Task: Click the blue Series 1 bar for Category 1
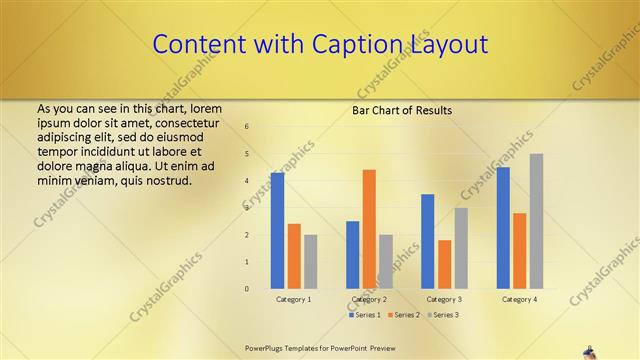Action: tap(277, 231)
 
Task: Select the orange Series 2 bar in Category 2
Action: tap(369, 229)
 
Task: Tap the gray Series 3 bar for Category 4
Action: tap(536, 221)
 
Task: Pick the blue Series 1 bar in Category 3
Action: tap(427, 241)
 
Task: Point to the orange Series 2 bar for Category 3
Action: tap(444, 264)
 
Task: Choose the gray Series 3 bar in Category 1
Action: tap(310, 262)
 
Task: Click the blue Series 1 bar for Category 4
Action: tap(503, 228)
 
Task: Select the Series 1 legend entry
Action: tap(364, 315)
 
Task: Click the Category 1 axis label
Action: tap(294, 299)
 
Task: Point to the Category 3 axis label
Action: tap(444, 299)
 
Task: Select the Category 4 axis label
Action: tap(519, 299)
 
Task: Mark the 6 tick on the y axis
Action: tap(247, 127)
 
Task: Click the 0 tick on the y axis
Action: tap(247, 289)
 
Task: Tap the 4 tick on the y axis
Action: tap(247, 181)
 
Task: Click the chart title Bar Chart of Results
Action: tap(401, 110)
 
